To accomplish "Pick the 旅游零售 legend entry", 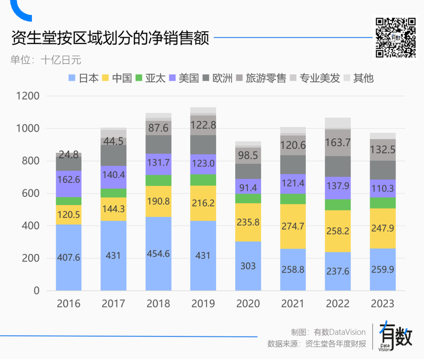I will click(261, 78).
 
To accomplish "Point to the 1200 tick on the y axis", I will click(27, 96).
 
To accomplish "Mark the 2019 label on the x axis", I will click(203, 303).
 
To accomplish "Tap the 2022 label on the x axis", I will click(338, 303).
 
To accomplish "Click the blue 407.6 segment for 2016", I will click(69, 258).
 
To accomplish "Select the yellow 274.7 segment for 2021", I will click(293, 227).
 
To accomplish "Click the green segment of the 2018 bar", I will click(158, 180).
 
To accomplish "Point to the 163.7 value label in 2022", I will click(338, 143).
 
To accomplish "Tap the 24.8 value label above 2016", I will click(69, 154).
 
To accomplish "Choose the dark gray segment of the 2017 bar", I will click(113, 155).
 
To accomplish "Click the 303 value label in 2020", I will click(248, 266).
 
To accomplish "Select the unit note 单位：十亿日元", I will click(46, 60).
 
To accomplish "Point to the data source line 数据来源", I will click(316, 344).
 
